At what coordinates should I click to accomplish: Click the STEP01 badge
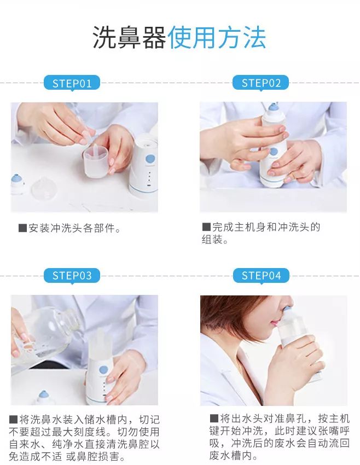point(72,83)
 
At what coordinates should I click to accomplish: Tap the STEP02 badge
point(260,83)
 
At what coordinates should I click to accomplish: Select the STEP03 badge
point(72,276)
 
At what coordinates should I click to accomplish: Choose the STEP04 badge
point(261,276)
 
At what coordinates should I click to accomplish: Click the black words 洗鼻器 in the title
point(129,37)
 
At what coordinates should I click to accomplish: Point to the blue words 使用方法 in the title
point(217,37)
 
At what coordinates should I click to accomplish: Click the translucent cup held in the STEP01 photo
point(95,162)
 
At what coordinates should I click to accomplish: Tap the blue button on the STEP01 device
point(150,158)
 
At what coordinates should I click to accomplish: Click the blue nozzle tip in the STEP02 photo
point(273,107)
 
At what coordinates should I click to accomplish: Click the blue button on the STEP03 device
point(103,370)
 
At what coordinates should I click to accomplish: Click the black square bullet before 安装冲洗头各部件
point(23,228)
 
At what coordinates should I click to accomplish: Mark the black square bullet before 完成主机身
point(206,227)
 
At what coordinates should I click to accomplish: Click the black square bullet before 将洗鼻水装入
point(13,420)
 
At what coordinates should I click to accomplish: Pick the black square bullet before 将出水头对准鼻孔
point(214,419)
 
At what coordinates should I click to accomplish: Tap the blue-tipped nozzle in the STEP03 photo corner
point(44,397)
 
